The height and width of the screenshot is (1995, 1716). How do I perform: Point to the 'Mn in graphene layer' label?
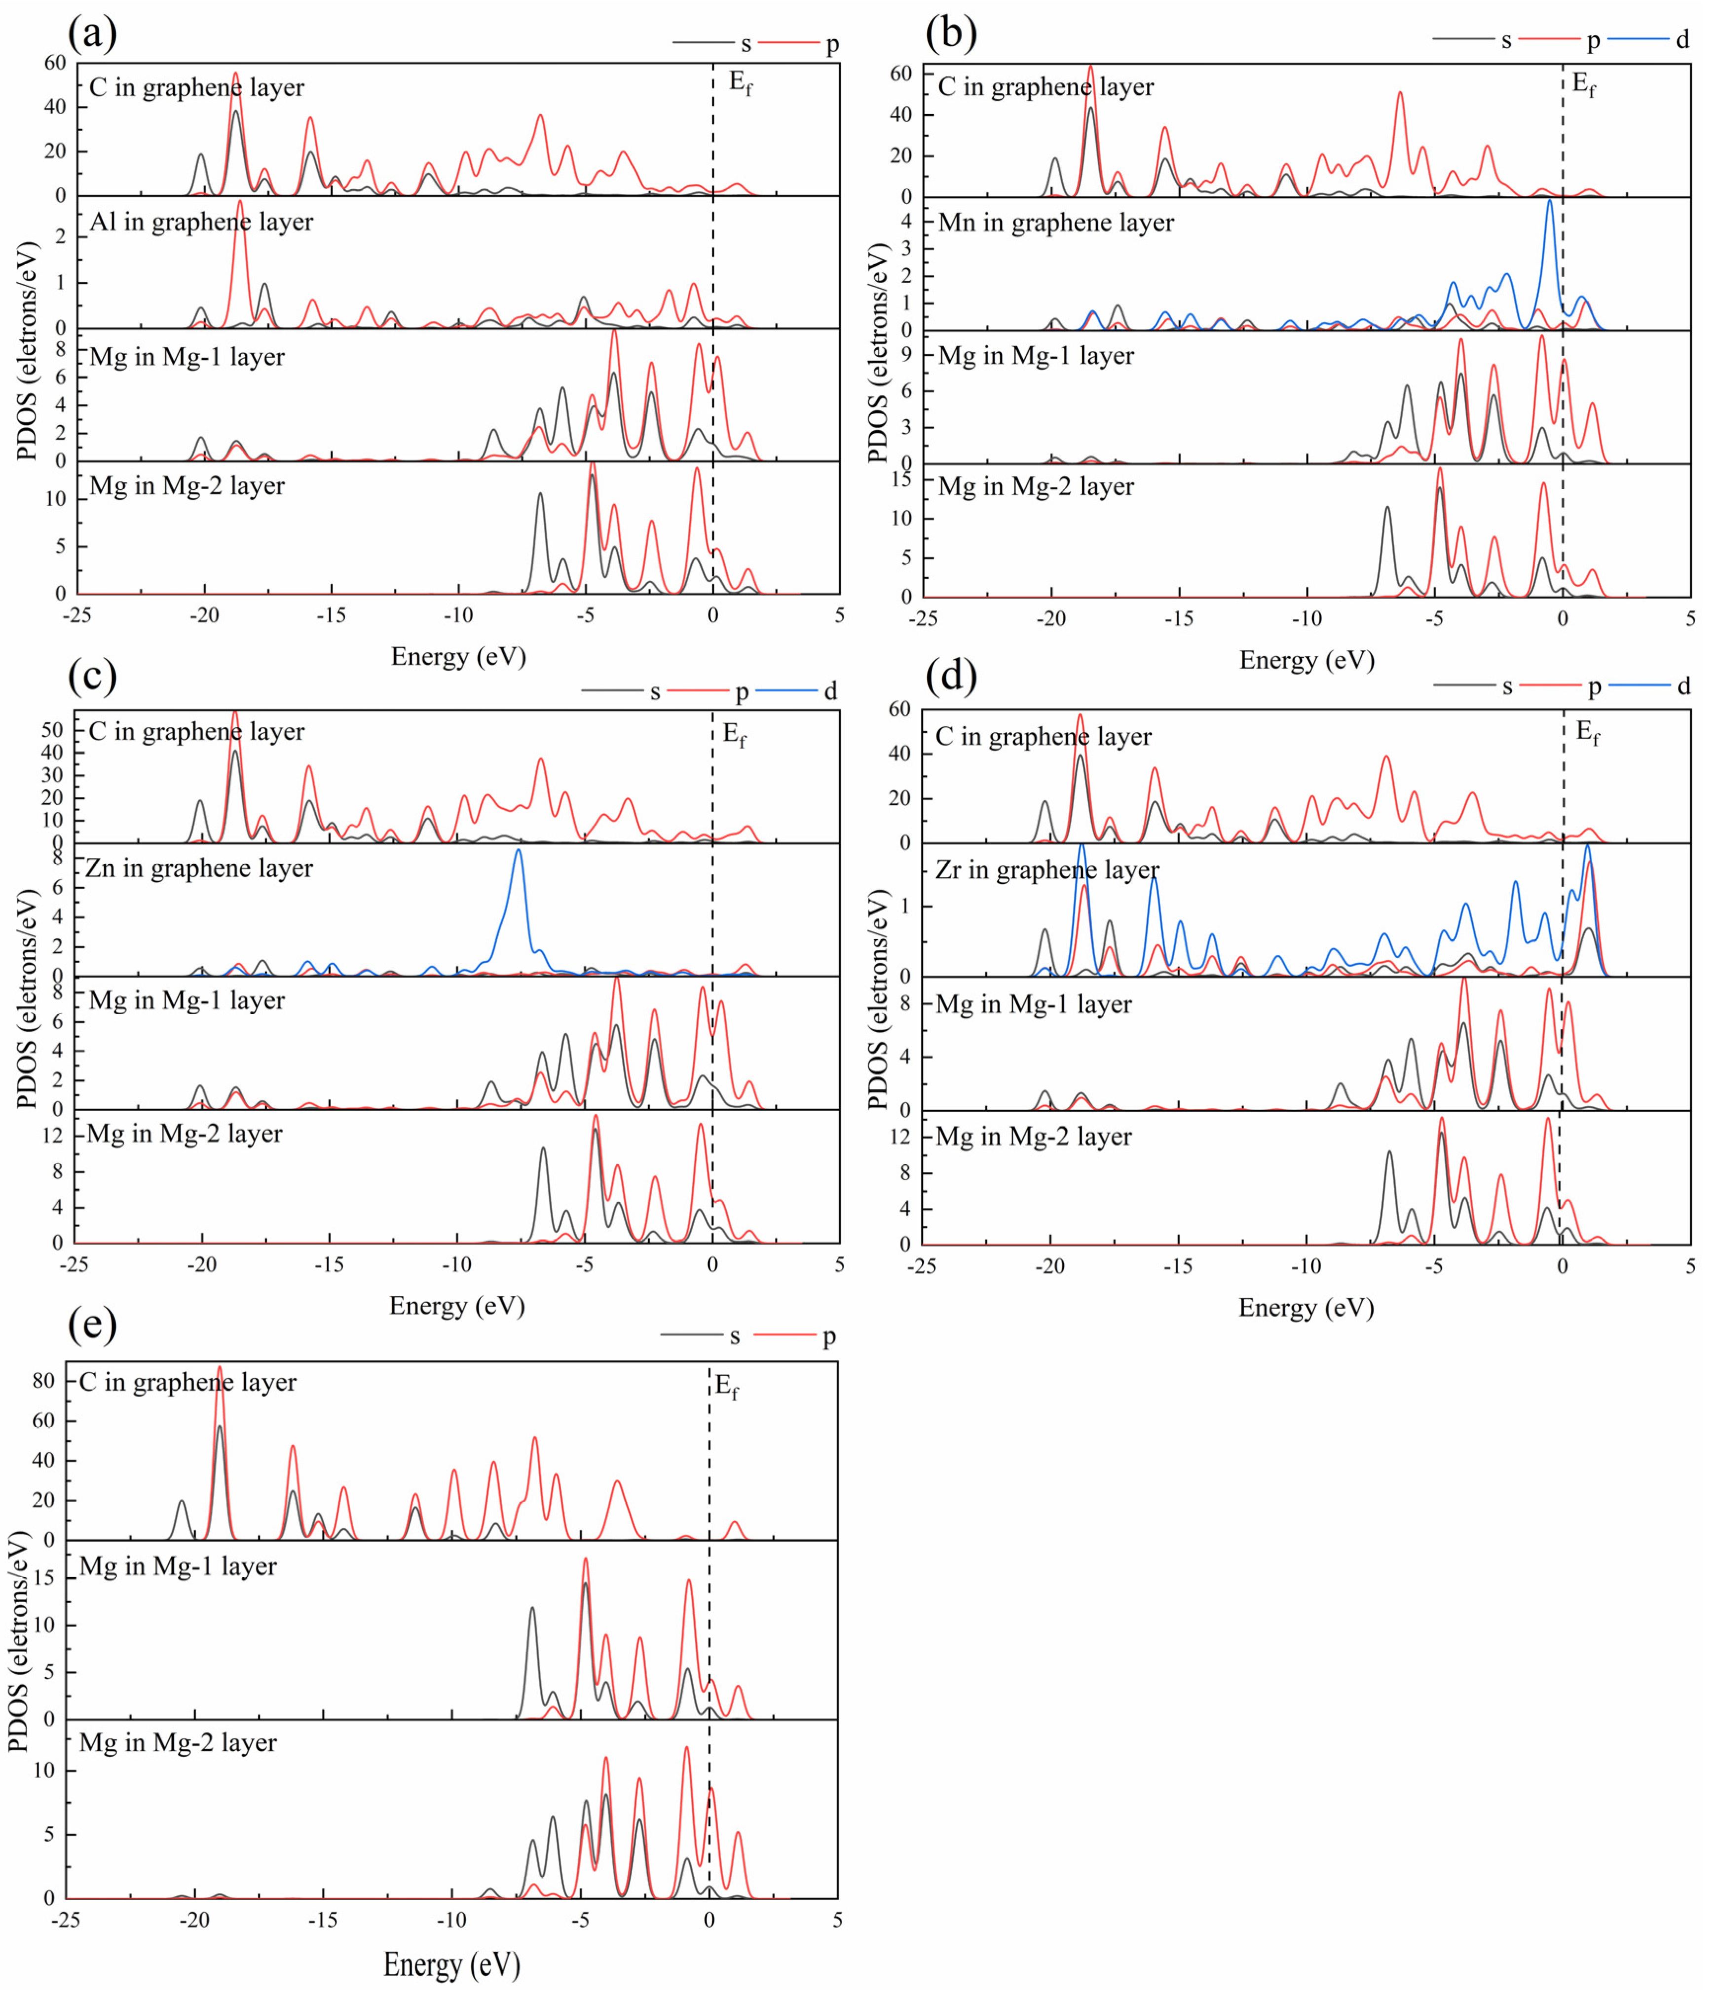coord(1055,224)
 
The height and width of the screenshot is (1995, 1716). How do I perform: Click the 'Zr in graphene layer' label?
coord(1047,870)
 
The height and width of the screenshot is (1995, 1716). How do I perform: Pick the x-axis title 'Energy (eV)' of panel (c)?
coord(456,1306)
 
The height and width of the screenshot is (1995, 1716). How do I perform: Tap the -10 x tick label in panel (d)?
coord(1306,1266)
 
